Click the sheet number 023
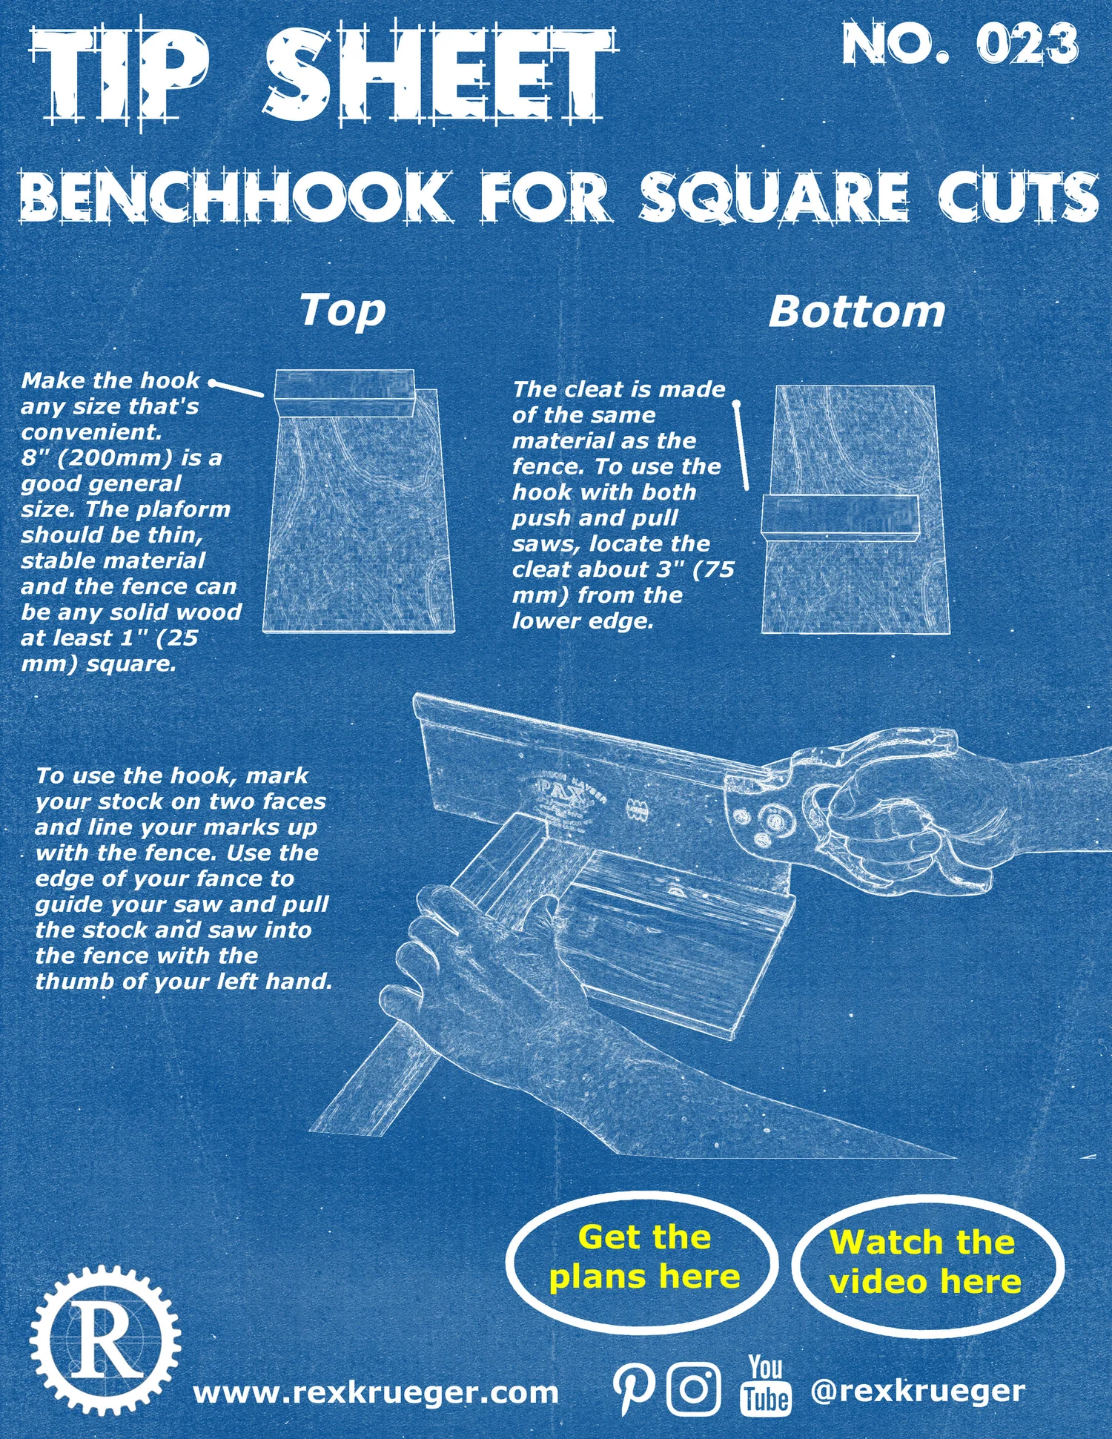pyautogui.click(x=1027, y=44)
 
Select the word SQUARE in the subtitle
pyautogui.click(x=775, y=196)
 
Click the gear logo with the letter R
pyautogui.click(x=105, y=1340)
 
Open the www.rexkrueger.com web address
pyautogui.click(x=375, y=1392)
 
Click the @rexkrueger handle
pyautogui.click(x=918, y=1391)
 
